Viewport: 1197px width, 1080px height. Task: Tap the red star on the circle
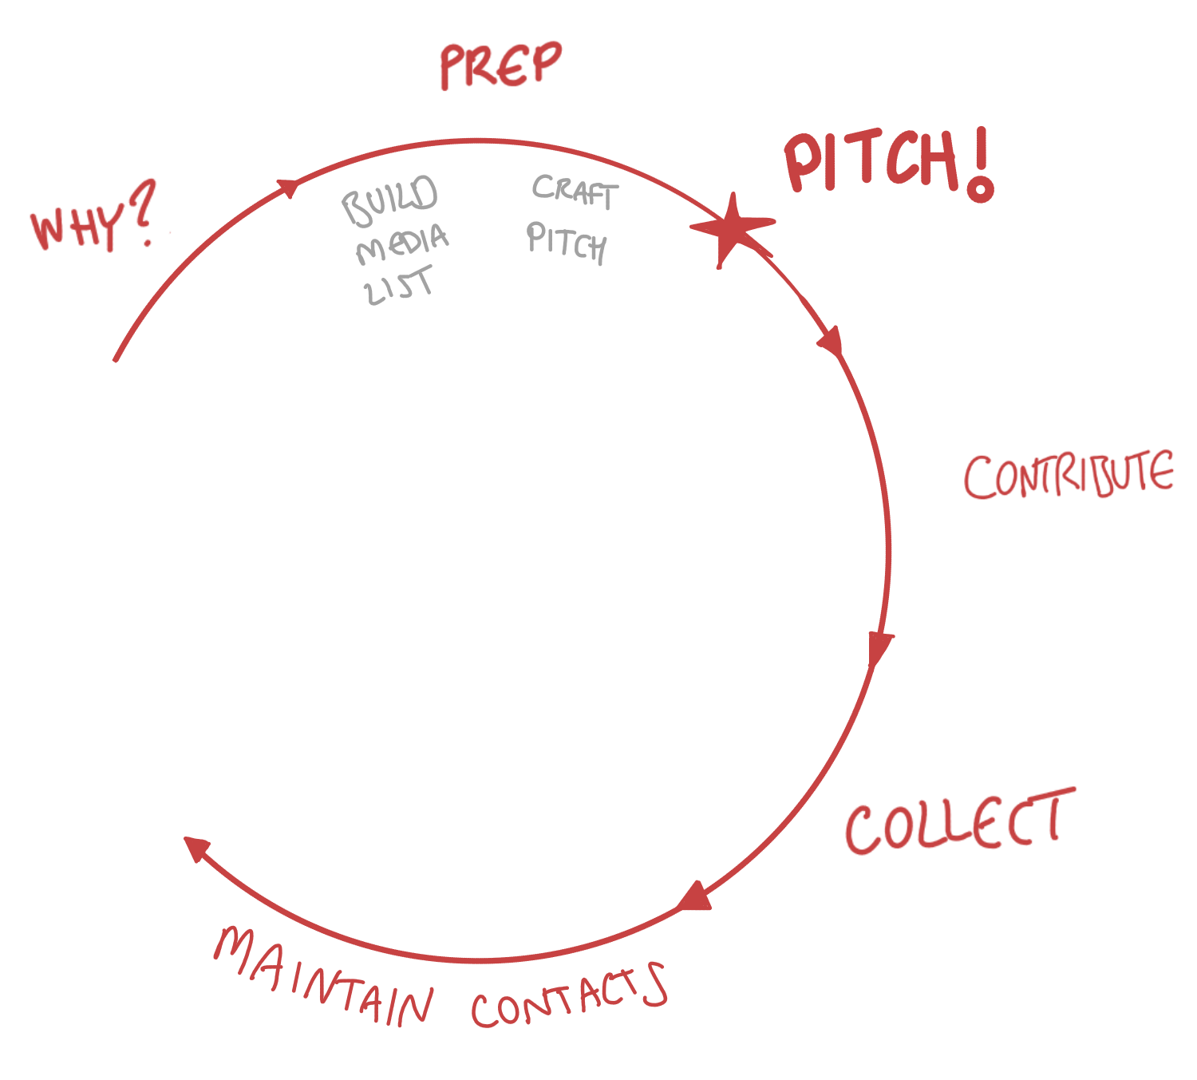coord(731,228)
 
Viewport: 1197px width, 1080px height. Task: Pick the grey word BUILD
coord(390,200)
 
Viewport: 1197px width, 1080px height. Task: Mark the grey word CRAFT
coord(575,192)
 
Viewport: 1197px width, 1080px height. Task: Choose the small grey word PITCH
coord(567,243)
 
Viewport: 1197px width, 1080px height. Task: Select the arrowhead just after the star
coord(831,340)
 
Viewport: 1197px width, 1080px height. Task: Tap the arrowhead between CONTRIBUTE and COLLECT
coord(880,647)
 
